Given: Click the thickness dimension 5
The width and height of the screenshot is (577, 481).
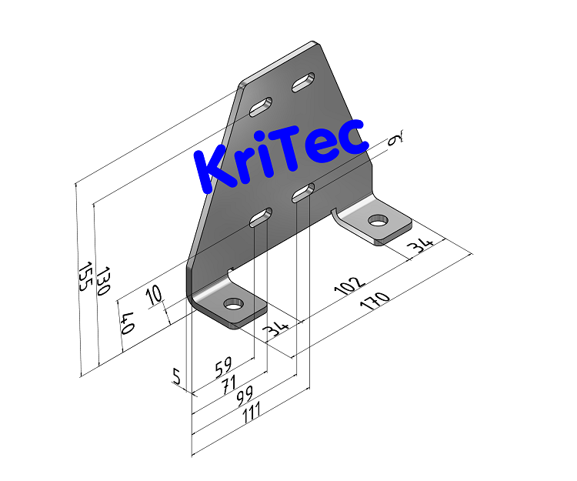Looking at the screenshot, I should pyautogui.click(x=177, y=377).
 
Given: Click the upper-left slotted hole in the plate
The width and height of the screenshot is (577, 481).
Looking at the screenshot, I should pyautogui.click(x=262, y=105).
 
